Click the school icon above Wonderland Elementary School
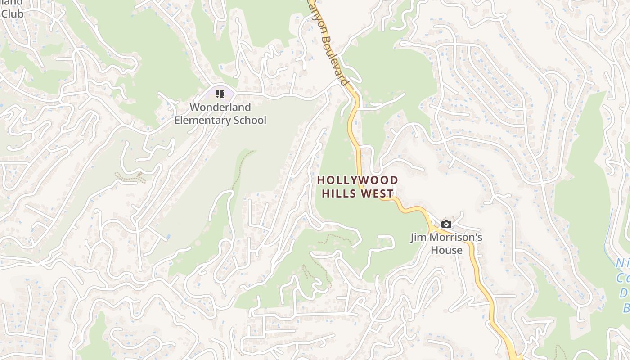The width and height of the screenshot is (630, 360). coord(220,94)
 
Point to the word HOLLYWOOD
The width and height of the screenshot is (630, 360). coord(358,180)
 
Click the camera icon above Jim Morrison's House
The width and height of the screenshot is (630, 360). coord(446,224)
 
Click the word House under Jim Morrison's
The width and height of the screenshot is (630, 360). coord(446,250)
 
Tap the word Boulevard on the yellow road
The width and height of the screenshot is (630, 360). coord(335,60)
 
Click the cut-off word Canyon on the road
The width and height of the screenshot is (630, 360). coord(315,13)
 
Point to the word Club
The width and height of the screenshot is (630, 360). coord(12,13)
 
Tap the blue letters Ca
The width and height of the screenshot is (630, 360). coord(623,278)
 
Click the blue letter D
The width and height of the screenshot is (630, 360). coord(625,293)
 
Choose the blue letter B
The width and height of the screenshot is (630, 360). coord(626,309)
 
